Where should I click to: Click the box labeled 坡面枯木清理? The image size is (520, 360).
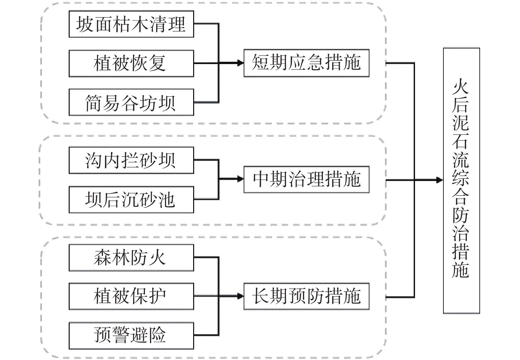click(131, 24)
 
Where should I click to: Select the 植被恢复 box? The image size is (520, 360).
click(131, 63)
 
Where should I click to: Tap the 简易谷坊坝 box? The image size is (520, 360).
click(131, 102)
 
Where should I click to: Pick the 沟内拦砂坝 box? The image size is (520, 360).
click(131, 161)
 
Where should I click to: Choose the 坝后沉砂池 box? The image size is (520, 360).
click(131, 199)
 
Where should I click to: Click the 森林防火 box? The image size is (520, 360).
click(131, 258)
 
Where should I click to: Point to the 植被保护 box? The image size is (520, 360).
click(131, 296)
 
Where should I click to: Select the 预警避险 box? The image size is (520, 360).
click(131, 336)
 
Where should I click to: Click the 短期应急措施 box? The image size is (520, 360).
click(306, 63)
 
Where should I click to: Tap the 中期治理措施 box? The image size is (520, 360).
click(306, 180)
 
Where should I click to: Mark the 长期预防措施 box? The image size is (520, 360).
click(306, 296)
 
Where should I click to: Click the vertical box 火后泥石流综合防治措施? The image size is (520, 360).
click(461, 181)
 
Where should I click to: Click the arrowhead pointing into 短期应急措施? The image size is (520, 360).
click(240, 63)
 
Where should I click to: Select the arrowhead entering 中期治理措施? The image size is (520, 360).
click(240, 179)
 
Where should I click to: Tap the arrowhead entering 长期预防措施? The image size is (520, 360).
click(240, 296)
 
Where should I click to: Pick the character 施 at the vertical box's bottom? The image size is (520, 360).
click(461, 270)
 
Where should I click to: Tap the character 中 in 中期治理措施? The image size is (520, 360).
click(262, 180)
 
